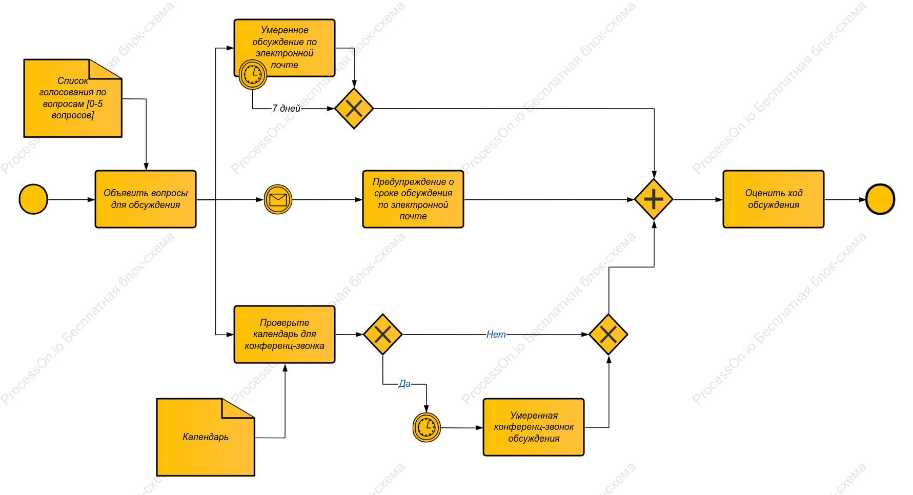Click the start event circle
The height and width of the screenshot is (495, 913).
pos(33,199)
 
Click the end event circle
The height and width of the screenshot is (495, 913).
pos(880,199)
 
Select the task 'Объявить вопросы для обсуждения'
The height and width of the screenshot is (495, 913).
pos(146,199)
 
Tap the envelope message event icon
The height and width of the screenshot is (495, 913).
pos(278,199)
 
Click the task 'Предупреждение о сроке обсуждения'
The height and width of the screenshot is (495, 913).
pos(413,199)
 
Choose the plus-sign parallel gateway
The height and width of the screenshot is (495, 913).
pos(654,199)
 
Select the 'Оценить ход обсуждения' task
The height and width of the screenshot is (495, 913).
pos(774,199)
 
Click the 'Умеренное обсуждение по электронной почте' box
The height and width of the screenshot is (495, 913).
pos(285,48)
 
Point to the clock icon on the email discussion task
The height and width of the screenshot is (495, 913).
pos(253,75)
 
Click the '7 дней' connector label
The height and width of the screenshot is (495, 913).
pos(287,109)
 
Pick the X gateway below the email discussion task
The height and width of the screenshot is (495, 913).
pos(354,109)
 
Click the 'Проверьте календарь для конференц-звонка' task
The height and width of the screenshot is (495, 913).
pos(285,335)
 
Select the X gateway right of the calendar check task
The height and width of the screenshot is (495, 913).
pos(382,335)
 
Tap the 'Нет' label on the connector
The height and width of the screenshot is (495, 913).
pos(496,335)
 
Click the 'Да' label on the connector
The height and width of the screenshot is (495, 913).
pos(404,384)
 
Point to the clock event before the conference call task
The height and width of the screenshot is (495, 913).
pos(427,427)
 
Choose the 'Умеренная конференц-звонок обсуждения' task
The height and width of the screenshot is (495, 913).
pos(534,427)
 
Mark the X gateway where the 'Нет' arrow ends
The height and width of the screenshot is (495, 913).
pos(608,335)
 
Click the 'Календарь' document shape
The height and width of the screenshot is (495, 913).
pos(206,437)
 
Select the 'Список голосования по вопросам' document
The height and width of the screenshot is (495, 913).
pos(73,98)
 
